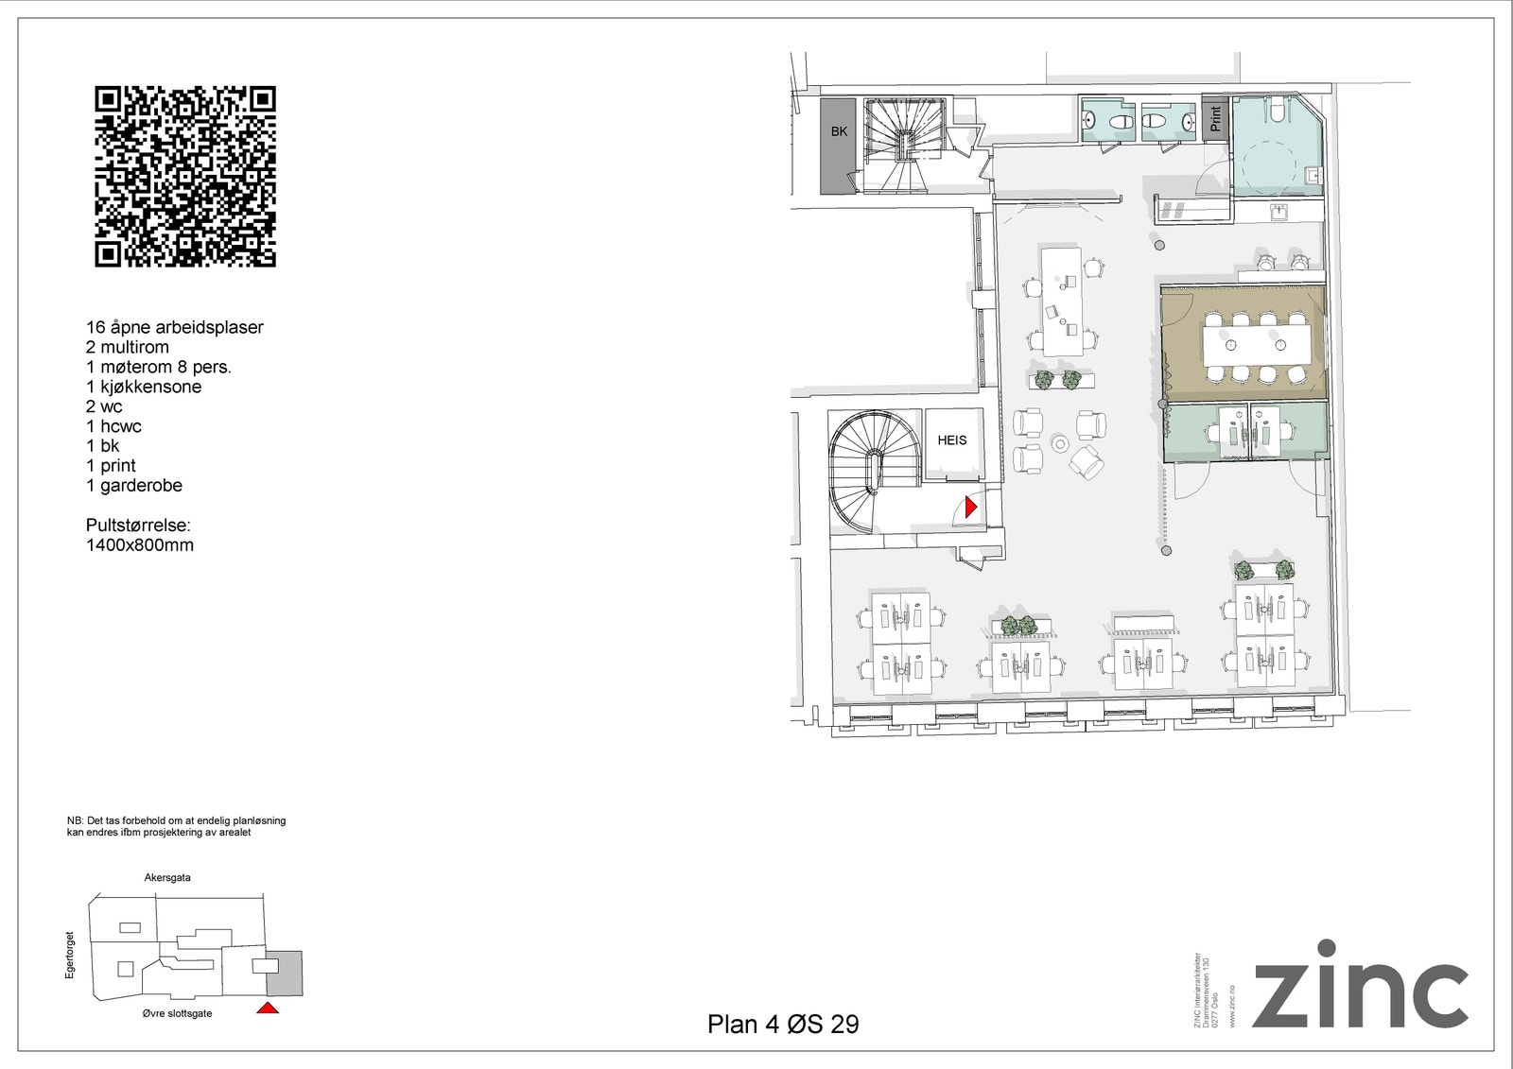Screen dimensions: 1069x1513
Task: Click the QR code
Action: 185,177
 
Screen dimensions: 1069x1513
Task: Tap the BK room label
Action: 839,131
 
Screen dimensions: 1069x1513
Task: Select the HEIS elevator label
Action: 951,440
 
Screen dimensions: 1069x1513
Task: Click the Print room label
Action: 1215,118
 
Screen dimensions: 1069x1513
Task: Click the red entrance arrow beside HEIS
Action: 969,508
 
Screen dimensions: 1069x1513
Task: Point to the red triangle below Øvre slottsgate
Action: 268,1009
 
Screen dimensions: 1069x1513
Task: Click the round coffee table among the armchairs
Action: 1060,443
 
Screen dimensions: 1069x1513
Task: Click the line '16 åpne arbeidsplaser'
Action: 175,327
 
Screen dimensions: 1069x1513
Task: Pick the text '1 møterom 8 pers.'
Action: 159,367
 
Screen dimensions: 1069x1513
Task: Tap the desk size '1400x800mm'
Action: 140,545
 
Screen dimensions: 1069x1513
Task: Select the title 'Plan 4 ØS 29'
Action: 783,1025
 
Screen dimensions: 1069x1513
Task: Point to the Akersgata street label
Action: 167,878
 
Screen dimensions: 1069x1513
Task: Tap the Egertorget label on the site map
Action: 69,954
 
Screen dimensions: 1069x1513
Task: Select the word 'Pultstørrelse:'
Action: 138,526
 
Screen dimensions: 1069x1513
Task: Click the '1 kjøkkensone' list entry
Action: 144,387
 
